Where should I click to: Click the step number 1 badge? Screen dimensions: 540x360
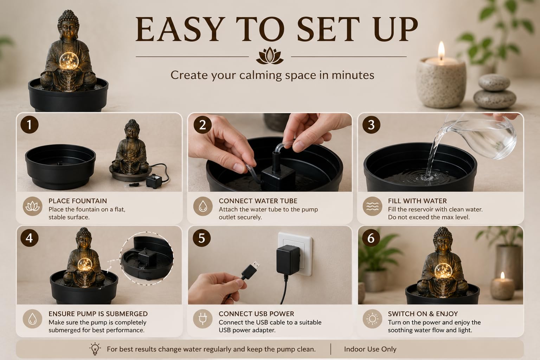30,125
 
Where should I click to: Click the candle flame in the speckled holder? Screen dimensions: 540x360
441,50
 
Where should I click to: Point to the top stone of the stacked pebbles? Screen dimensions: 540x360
494,83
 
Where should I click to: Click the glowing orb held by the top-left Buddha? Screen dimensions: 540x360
69,60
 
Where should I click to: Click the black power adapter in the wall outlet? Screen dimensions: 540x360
288,260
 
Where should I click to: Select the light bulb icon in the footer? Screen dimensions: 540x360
95,348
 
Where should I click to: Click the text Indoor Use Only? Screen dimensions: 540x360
370,349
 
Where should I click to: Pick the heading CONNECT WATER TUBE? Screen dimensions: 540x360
258,201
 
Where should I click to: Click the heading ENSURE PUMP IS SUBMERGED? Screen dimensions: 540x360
98,314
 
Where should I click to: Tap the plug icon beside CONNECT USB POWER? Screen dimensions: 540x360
202,319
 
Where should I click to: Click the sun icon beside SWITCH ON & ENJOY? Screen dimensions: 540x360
372,319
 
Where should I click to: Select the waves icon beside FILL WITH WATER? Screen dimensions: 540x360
372,206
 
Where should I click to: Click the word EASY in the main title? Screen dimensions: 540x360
180,29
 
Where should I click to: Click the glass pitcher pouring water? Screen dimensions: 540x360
480,136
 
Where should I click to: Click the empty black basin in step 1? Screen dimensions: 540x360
60,166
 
